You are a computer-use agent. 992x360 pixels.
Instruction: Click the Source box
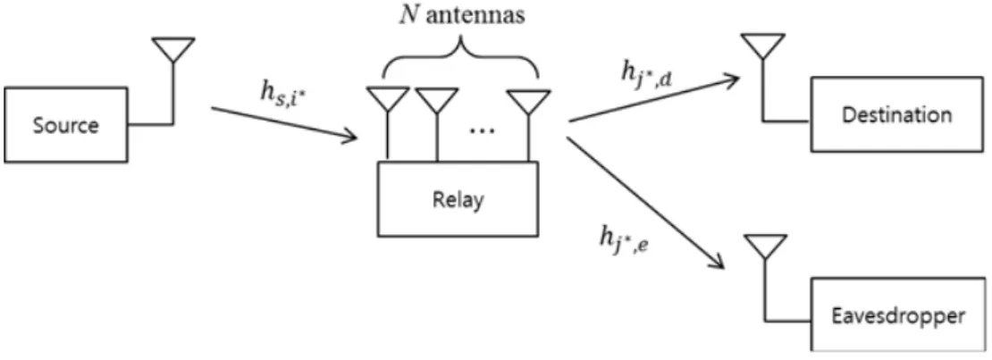(x=66, y=125)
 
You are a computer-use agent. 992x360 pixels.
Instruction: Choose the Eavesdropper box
(x=898, y=314)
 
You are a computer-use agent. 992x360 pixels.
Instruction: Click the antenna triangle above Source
(x=172, y=49)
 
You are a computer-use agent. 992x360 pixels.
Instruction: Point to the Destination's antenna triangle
(x=762, y=46)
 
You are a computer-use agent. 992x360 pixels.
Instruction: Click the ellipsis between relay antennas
(x=482, y=129)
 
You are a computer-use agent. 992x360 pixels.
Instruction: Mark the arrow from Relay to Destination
(x=654, y=97)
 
